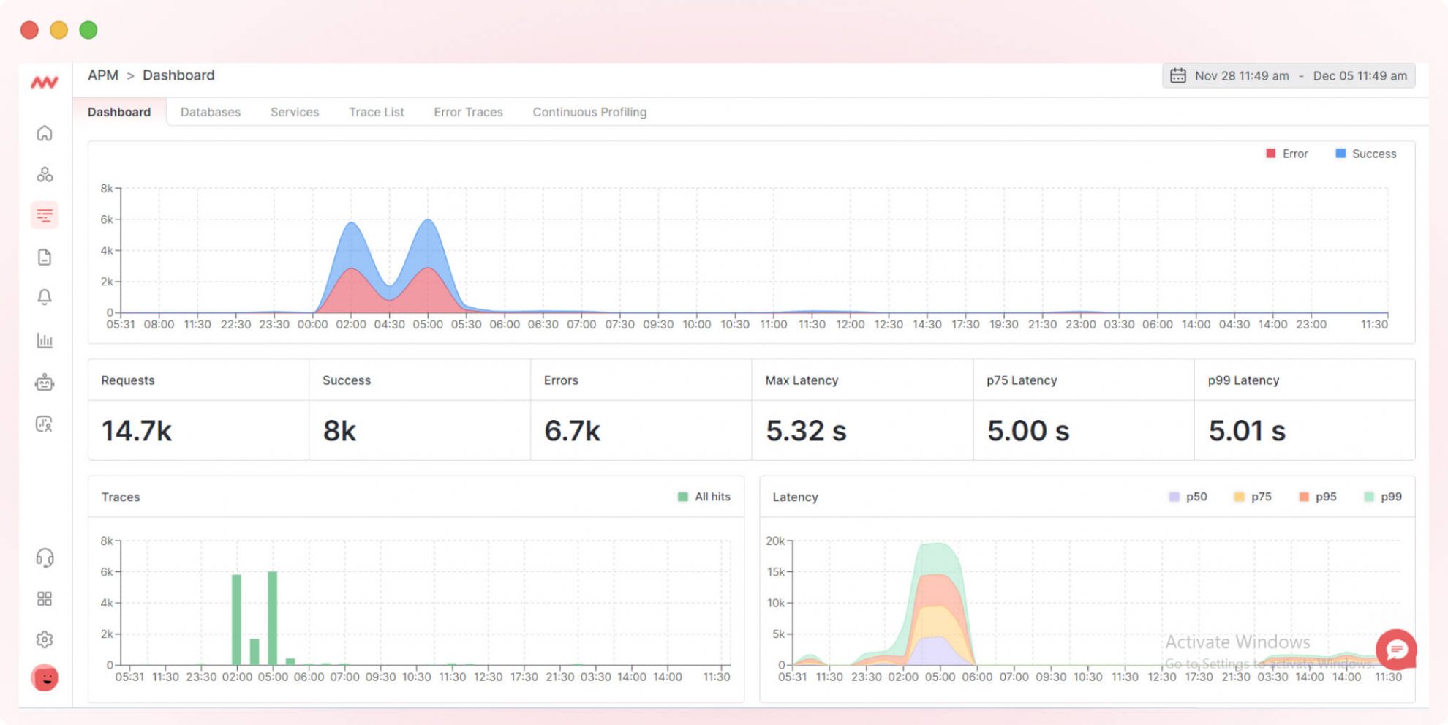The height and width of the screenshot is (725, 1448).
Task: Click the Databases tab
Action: [x=211, y=112]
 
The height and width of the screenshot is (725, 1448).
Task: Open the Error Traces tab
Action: [x=468, y=112]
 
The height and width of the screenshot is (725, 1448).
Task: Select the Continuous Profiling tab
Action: [x=589, y=112]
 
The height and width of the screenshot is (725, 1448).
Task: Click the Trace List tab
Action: [x=376, y=112]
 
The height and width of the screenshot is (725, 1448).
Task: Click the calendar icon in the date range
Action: [x=1177, y=75]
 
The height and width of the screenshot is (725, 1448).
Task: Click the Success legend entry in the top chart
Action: [x=1366, y=154]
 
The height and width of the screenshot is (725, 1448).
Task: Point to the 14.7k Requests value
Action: [x=137, y=431]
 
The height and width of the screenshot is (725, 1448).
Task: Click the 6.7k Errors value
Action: [x=572, y=431]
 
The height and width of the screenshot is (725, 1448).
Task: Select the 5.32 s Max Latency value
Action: [x=806, y=431]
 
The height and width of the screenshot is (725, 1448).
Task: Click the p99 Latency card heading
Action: [x=1243, y=380]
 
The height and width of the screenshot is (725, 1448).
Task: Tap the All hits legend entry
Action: [x=704, y=497]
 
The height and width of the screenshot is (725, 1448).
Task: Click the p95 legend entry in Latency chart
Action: [x=1318, y=497]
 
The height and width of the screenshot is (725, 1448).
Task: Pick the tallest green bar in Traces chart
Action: [x=273, y=618]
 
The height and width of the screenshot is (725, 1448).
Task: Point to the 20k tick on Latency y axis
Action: [x=774, y=541]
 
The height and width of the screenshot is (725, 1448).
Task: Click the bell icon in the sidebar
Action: [x=45, y=297]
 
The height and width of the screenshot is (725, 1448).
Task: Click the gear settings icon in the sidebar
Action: [x=45, y=639]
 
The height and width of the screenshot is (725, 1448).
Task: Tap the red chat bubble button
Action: [x=1396, y=650]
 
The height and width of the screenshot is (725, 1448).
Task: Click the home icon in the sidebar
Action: [x=45, y=133]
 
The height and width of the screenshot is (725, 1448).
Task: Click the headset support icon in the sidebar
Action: [x=45, y=558]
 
